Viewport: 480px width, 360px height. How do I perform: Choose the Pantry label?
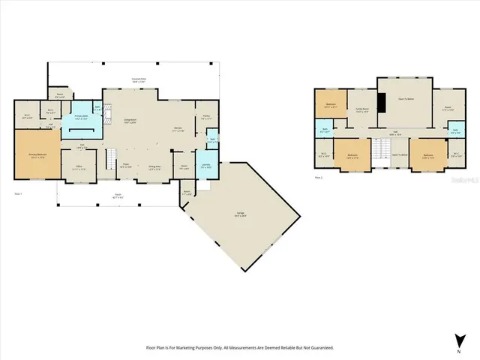pos(206,117)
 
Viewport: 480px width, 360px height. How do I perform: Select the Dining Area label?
pos(155,167)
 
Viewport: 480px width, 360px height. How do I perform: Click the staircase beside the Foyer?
pos(109,158)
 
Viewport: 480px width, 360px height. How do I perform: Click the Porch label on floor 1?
pos(118,196)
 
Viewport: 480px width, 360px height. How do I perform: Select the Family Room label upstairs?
pos(362,110)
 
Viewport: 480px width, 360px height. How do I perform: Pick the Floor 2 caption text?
pos(318,178)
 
